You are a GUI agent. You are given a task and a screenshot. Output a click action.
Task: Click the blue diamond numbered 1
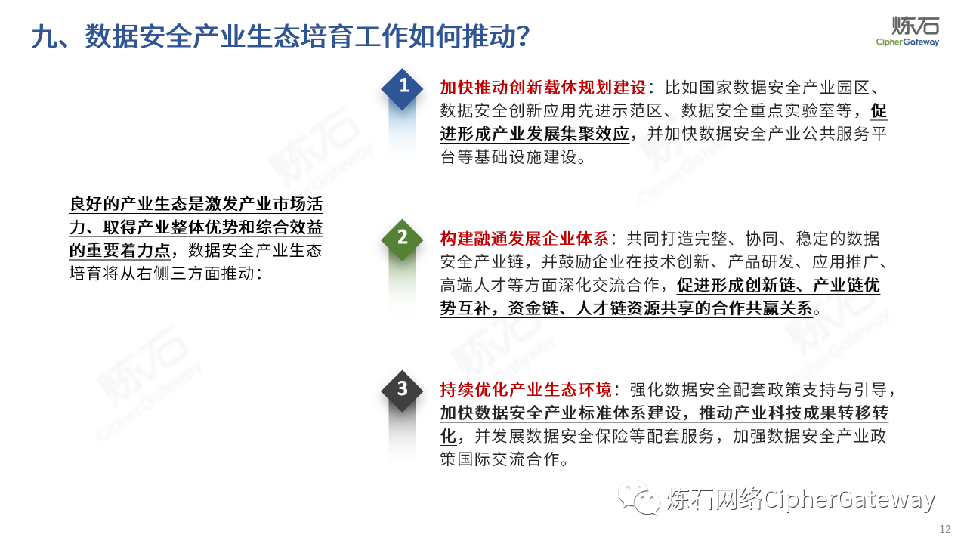[402, 89]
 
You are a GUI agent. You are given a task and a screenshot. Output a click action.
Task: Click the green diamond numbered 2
[402, 240]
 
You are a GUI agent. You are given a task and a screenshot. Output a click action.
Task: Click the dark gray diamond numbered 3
[402, 391]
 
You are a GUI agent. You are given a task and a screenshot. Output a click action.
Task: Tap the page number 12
[945, 529]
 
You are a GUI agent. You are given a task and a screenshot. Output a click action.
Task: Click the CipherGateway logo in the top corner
[907, 31]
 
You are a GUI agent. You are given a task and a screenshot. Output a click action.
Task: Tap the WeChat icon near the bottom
[639, 498]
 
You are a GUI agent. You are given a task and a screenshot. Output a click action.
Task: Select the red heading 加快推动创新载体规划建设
[543, 88]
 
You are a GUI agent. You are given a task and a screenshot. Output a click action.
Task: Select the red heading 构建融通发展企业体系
[524, 238]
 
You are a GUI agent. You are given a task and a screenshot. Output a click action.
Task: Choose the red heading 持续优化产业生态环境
[526, 389]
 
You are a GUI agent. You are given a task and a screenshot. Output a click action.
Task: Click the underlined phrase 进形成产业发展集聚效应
[534, 134]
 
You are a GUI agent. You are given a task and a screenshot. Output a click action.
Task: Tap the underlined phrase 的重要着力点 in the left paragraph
[120, 250]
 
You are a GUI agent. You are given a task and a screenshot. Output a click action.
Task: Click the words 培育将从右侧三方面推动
[162, 274]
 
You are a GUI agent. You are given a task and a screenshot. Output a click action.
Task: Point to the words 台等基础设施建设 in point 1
[508, 157]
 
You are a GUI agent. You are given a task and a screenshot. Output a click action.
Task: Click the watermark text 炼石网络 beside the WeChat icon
[715, 499]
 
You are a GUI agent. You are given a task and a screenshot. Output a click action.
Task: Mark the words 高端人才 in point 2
[474, 285]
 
